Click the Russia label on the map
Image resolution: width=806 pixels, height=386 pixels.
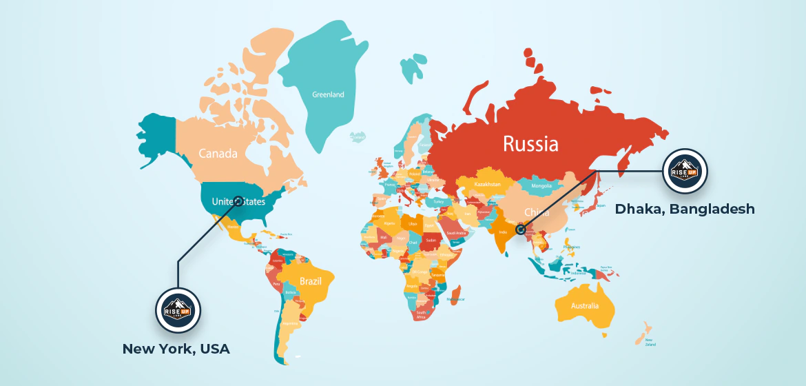(530, 143)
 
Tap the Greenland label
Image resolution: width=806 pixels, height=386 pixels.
(328, 94)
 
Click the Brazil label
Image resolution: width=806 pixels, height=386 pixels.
(311, 281)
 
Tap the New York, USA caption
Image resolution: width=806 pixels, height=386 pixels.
(176, 349)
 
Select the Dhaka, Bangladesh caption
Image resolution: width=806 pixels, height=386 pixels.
(685, 208)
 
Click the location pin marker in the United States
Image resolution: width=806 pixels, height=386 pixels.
(238, 201)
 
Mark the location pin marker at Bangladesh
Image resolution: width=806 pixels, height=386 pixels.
(521, 230)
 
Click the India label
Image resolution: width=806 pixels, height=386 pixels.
(503, 233)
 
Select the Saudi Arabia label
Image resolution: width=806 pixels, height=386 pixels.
(457, 233)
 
